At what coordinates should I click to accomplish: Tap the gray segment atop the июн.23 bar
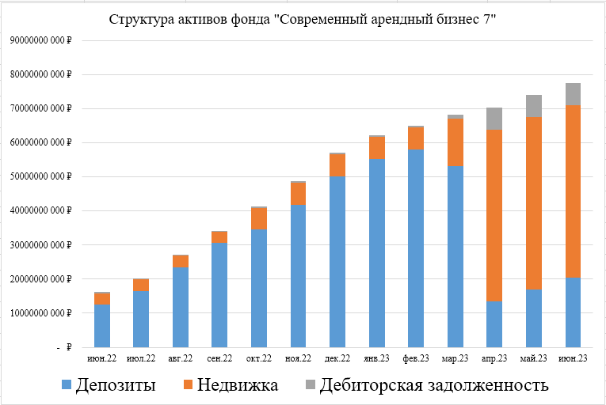[573, 94]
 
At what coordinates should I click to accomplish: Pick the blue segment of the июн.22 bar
[102, 325]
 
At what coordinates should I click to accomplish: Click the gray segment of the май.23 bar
[534, 106]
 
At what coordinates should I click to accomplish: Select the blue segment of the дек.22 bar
[337, 261]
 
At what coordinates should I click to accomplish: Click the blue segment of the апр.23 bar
[494, 324]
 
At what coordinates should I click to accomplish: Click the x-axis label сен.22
[219, 358]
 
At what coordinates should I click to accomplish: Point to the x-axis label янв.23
[377, 358]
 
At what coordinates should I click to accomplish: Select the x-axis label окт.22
[259, 358]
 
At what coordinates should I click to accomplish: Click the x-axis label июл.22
[141, 358]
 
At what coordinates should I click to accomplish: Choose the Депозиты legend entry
[109, 385]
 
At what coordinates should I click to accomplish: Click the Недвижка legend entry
[230, 385]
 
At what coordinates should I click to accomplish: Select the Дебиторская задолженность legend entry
[427, 385]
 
